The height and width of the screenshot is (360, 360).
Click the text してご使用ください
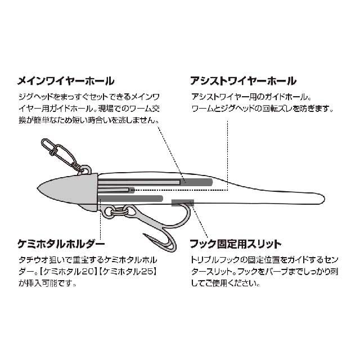pyautogui.click(x=225, y=283)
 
